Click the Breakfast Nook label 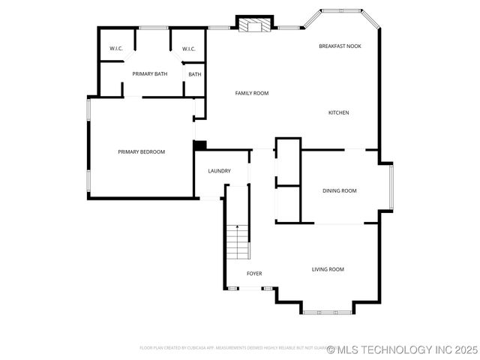tap(340, 46)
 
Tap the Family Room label tap(252, 93)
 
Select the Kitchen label tap(338, 112)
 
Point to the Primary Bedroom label tap(141, 151)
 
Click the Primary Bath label tap(149, 73)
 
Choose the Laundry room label tap(219, 171)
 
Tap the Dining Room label tap(339, 190)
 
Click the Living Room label tap(328, 269)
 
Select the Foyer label tap(254, 273)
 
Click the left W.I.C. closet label tap(116, 49)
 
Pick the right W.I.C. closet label tap(189, 49)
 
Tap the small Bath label tap(195, 74)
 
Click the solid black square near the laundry tap(199, 145)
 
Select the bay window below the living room tap(328, 310)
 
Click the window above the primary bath tap(154, 28)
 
